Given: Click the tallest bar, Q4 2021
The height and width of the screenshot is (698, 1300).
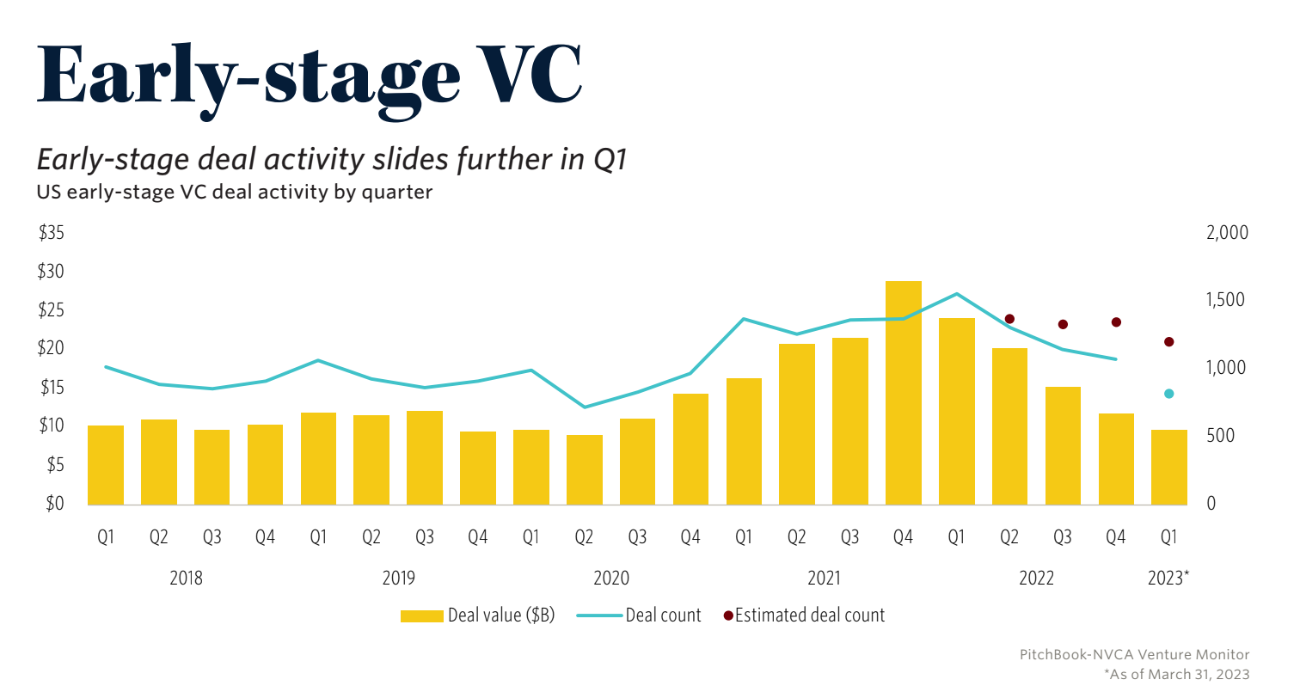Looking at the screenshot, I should pyautogui.click(x=903, y=393).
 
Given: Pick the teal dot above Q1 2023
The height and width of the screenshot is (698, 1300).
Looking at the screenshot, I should pyautogui.click(x=1168, y=394).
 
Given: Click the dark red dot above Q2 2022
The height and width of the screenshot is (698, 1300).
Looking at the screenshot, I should pyautogui.click(x=1009, y=319).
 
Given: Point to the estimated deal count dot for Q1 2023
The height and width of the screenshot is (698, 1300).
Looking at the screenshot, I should pyautogui.click(x=1168, y=342).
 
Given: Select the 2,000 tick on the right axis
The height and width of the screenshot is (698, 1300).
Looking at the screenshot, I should pyautogui.click(x=1225, y=233).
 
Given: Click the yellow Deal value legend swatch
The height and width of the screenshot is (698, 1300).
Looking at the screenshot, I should pyautogui.click(x=422, y=615).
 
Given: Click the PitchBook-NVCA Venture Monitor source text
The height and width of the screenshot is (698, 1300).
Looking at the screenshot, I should pyautogui.click(x=1134, y=655).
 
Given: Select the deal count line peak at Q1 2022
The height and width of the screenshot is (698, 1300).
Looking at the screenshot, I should pyautogui.click(x=956, y=294).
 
